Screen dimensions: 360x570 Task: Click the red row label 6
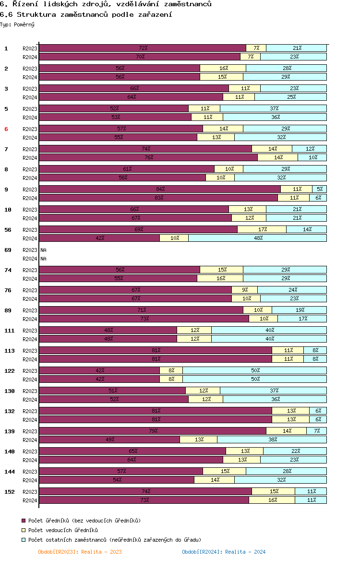coord(6,129)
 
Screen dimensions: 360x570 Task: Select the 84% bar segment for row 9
coord(160,189)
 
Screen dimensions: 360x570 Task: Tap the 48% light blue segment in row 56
coord(257,238)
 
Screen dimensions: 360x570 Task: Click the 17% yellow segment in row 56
coord(262,229)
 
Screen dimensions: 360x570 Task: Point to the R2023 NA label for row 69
coord(44,250)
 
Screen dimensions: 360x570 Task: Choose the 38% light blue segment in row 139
coord(272,439)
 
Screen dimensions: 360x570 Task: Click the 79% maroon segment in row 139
coord(153,431)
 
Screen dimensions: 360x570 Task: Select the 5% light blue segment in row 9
coord(319,189)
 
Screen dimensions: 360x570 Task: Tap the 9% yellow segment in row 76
coord(245,290)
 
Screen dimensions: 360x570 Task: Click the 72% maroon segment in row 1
coord(143,48)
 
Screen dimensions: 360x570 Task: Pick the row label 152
coord(10,492)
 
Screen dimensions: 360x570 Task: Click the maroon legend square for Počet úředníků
coord(24,521)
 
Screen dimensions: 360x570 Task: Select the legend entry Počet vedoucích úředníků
coord(63,530)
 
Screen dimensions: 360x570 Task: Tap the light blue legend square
coord(24,540)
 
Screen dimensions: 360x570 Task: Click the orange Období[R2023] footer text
coord(80,552)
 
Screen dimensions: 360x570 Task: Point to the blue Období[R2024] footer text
coord(224,552)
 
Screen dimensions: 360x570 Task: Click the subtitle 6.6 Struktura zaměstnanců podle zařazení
coord(86,14)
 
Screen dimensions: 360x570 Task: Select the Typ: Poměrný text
coord(17,25)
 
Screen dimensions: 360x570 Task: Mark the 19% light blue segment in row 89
coord(299,310)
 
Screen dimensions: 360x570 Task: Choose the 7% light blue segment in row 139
coord(316,431)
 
